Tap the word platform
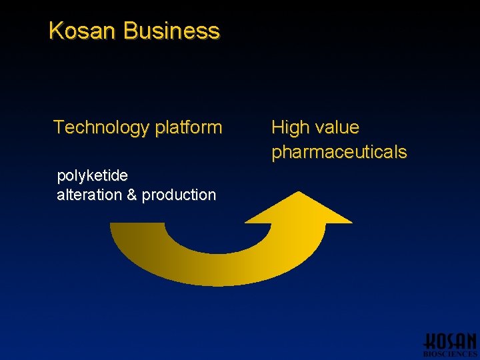tap(189, 127)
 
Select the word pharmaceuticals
tap(339, 152)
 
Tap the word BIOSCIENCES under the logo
tap(450, 355)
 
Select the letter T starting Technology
tap(59, 127)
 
